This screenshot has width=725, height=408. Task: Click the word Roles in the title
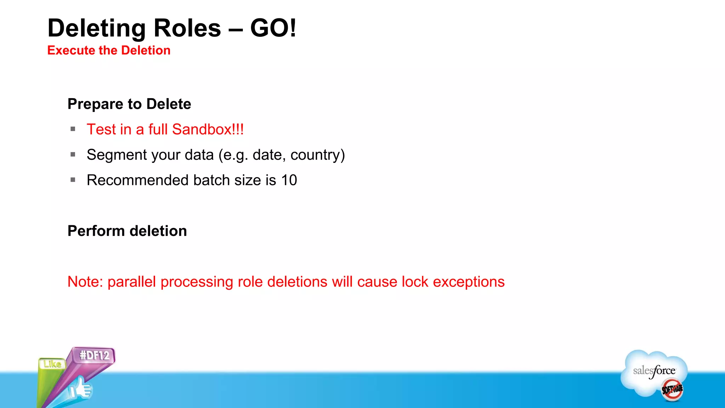click(x=187, y=28)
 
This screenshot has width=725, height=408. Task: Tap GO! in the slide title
click(x=273, y=28)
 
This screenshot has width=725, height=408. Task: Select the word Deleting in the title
click(x=97, y=29)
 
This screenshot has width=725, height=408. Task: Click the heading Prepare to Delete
click(x=129, y=104)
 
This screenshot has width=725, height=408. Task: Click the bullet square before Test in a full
click(x=73, y=129)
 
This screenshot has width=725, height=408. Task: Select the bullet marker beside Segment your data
click(x=73, y=154)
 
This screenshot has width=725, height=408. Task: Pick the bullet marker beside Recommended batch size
click(x=73, y=180)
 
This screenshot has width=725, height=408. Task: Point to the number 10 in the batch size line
click(x=289, y=180)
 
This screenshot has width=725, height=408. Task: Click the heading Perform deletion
click(x=127, y=231)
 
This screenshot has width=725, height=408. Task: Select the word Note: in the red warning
click(x=85, y=282)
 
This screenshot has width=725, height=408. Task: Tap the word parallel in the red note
click(x=132, y=282)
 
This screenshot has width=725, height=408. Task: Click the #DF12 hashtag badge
click(x=94, y=355)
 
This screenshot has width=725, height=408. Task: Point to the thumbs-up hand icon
click(x=81, y=390)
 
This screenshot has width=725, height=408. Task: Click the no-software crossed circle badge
click(x=672, y=390)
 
